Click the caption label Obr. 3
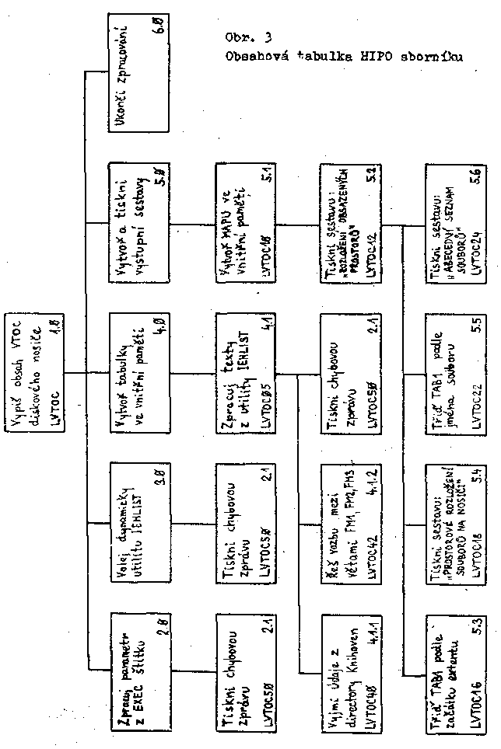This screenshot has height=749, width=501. [x=246, y=36]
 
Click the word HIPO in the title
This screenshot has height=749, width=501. [x=371, y=56]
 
